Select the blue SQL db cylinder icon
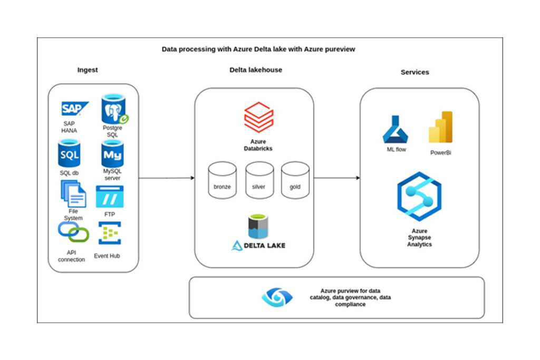69,154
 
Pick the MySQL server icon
112,154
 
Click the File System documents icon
73,193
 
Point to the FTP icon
110,197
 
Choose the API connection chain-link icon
73,232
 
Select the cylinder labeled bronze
222,180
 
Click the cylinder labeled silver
259,180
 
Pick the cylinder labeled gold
294,180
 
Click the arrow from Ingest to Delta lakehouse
167,178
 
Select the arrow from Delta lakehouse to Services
337,178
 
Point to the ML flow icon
395,129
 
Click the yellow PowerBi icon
441,127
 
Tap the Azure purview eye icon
277,297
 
